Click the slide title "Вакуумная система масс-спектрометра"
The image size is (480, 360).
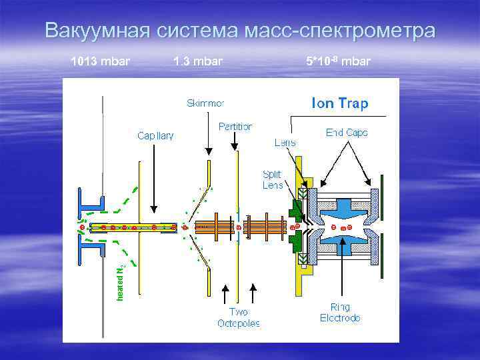pyautogui.click(x=240, y=31)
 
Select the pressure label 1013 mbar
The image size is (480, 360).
pyautogui.click(x=101, y=62)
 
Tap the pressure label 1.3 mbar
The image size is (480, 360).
pyautogui.click(x=197, y=62)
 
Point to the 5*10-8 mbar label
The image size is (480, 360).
pyautogui.click(x=338, y=62)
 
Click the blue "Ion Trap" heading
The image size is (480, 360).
pyautogui.click(x=340, y=103)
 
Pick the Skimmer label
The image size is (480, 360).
pyautogui.click(x=205, y=103)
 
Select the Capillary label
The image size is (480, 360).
pyautogui.click(x=155, y=135)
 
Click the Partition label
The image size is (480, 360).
pyautogui.click(x=235, y=126)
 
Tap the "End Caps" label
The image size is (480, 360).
pyautogui.click(x=347, y=133)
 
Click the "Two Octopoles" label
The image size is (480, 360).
pyautogui.click(x=238, y=317)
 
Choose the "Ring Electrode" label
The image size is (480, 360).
pyautogui.click(x=340, y=313)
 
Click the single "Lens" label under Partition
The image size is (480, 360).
pyautogui.click(x=285, y=142)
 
